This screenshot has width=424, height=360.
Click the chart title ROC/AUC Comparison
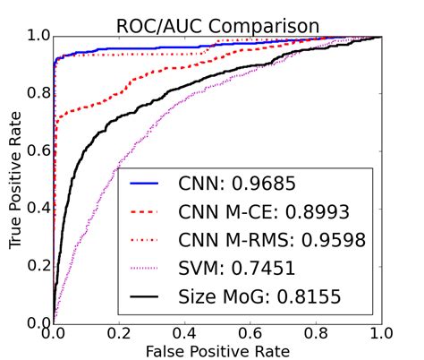[218, 21]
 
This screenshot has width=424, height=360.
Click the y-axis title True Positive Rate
[15, 180]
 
